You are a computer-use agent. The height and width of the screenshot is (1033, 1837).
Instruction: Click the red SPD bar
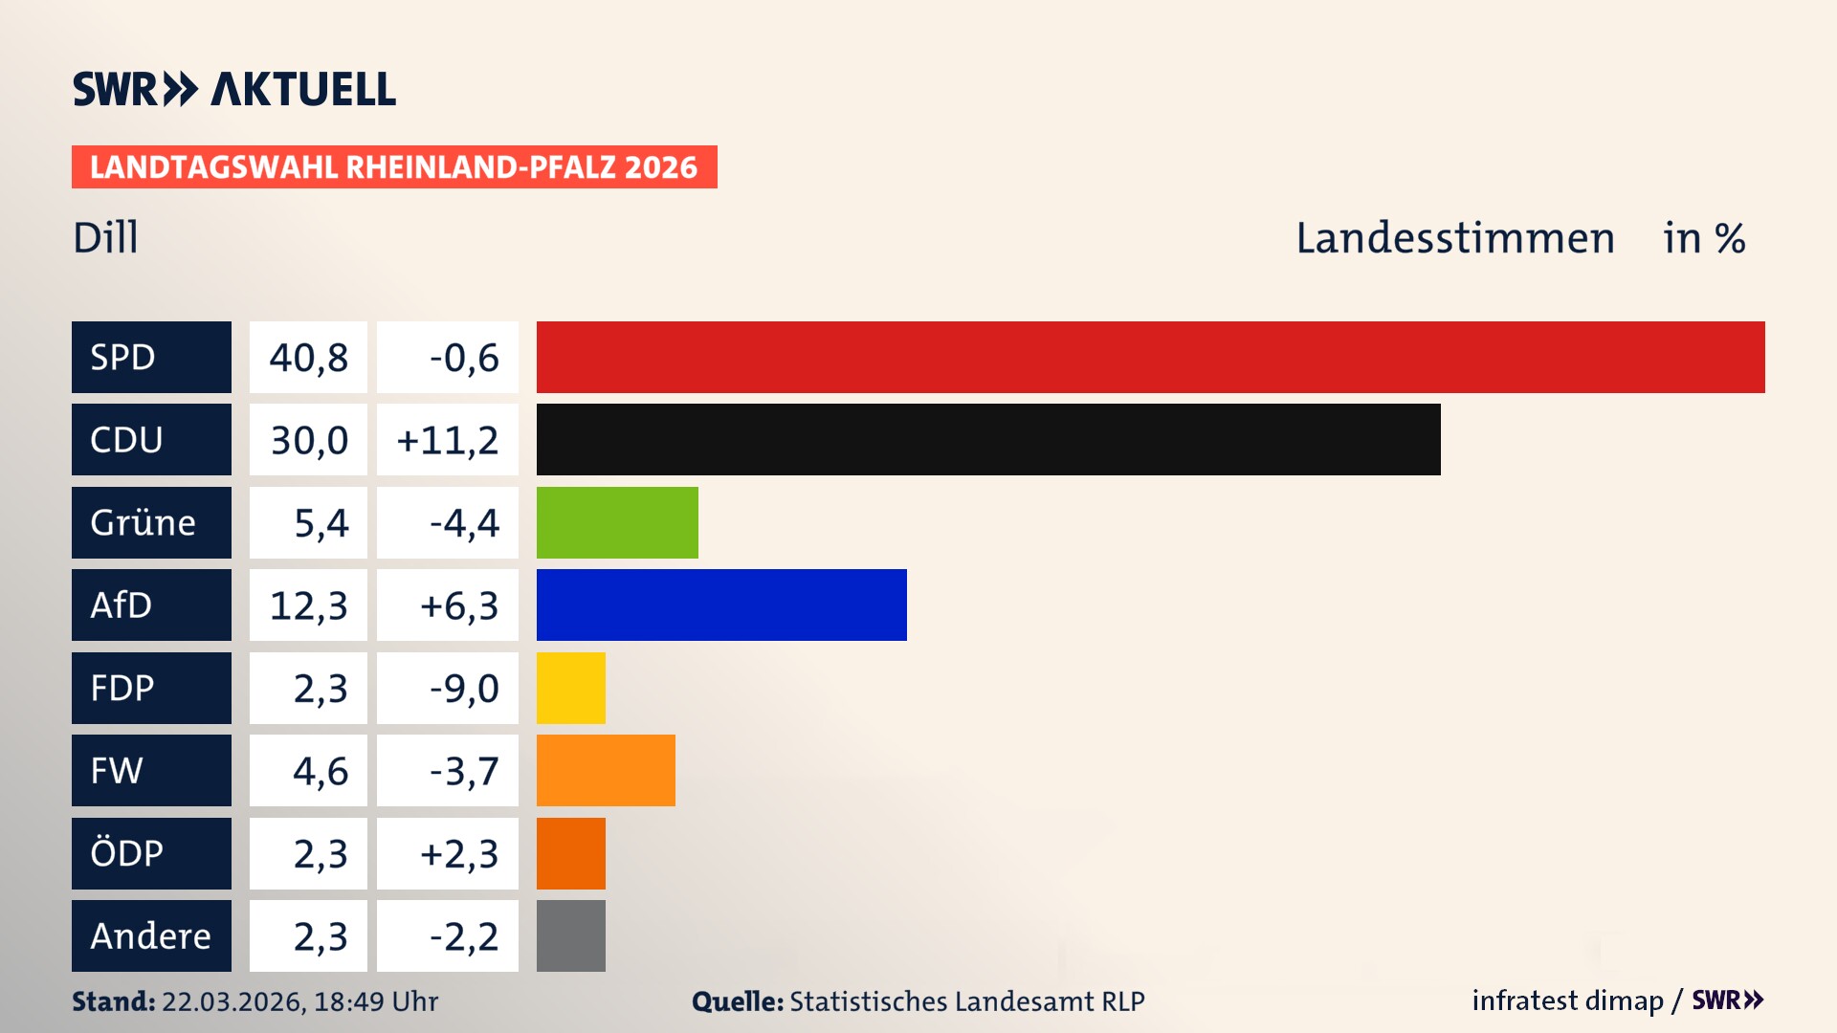1150,357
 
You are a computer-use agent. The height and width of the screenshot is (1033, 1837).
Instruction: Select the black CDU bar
988,439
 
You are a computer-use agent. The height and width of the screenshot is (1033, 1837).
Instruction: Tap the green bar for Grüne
617,522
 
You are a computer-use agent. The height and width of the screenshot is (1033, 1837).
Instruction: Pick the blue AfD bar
721,604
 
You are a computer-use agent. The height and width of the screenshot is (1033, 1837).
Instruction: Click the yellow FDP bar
571,688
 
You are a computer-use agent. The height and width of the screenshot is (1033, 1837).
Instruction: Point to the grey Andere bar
571,935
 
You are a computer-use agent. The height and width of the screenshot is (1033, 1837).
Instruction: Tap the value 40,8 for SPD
308,358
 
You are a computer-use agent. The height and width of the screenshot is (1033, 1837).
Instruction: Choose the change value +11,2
448,440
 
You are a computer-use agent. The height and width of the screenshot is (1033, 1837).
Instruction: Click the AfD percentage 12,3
308,605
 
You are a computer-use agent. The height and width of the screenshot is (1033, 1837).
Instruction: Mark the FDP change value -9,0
464,689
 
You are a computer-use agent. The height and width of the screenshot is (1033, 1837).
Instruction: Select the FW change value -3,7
464,771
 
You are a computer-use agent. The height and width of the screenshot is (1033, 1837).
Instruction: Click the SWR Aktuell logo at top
234,89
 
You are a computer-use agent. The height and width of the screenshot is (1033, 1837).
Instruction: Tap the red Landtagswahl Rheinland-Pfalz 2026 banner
394,167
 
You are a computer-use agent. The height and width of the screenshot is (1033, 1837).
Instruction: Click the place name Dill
105,237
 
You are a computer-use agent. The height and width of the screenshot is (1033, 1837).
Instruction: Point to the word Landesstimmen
1455,238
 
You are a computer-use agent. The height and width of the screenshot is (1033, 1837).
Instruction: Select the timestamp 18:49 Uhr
376,1001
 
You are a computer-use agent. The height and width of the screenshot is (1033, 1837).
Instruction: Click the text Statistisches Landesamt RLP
966,1001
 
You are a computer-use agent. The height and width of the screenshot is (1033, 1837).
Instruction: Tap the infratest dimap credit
1567,1000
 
